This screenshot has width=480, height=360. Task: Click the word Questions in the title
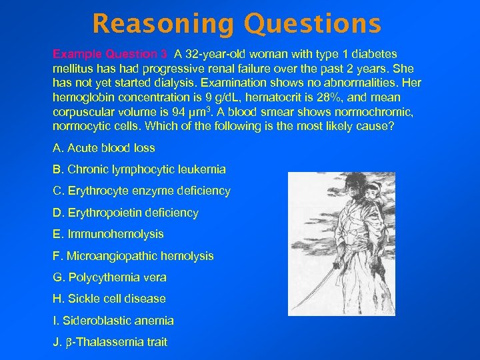(x=313, y=24)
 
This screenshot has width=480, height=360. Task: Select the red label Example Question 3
(x=110, y=54)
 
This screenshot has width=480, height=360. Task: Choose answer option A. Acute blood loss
(x=104, y=148)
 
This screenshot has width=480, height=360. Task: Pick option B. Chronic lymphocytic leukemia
(x=139, y=169)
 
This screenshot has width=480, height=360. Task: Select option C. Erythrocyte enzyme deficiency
(x=141, y=191)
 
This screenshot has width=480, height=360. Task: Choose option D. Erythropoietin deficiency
(x=125, y=213)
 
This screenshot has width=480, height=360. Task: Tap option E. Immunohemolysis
(x=108, y=234)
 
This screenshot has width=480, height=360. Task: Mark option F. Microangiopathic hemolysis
(x=133, y=255)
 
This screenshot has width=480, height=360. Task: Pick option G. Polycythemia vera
(x=109, y=277)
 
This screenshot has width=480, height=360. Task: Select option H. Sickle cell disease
(x=109, y=299)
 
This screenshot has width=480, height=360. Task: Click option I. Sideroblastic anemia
(x=113, y=321)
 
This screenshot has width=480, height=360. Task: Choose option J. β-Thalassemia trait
(x=110, y=342)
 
